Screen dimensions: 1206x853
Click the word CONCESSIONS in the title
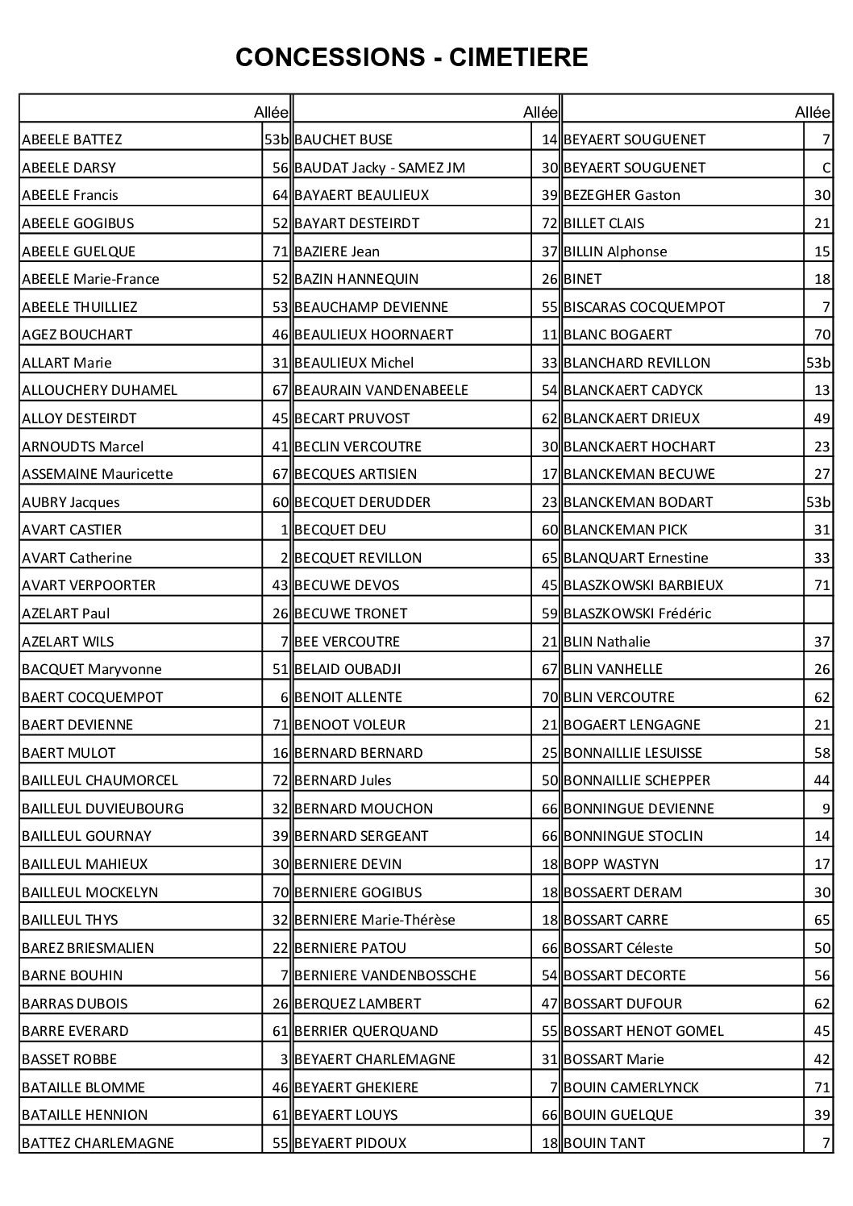[x=329, y=57]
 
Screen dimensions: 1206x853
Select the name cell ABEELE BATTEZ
[x=72, y=139]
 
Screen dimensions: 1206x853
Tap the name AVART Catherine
[x=77, y=558]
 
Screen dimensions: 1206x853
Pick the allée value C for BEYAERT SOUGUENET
[x=826, y=168]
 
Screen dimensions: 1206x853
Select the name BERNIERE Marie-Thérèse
[x=375, y=920]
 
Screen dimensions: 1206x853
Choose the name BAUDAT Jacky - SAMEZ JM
[x=380, y=168]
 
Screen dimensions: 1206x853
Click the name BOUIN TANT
[x=604, y=1143]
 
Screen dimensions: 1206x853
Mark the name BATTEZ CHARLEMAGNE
[x=98, y=1143]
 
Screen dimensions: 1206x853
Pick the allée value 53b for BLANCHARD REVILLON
[x=818, y=363]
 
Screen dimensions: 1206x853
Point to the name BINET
[x=582, y=279]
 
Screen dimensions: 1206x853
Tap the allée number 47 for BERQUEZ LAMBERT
[x=550, y=1004]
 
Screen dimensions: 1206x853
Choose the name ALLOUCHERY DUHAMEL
[x=99, y=390]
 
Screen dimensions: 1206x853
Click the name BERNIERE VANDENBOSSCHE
[x=385, y=975]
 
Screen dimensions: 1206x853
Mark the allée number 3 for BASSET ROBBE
[x=285, y=1059]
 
